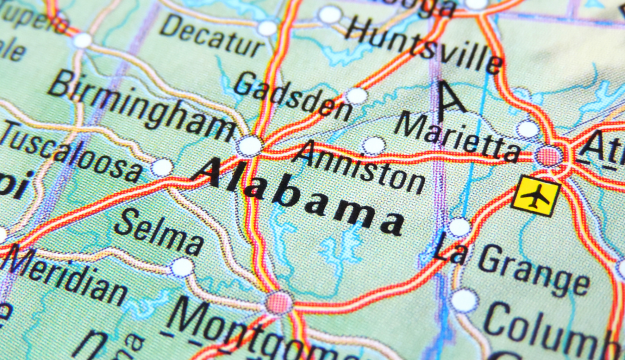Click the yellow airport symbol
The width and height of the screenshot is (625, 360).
click(536, 196)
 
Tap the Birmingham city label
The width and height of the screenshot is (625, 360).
click(141, 106)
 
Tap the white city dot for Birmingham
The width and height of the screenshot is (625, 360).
click(249, 146)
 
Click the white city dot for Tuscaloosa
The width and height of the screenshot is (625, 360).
click(162, 168)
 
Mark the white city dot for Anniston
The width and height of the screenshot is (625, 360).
click(374, 145)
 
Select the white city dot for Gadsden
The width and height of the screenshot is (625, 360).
click(357, 96)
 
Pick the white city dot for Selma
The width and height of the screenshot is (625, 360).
click(182, 267)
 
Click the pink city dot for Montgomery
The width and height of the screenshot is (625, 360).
click(279, 302)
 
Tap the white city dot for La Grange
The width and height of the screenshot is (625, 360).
click(459, 228)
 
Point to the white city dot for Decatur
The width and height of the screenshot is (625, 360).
click(268, 28)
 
